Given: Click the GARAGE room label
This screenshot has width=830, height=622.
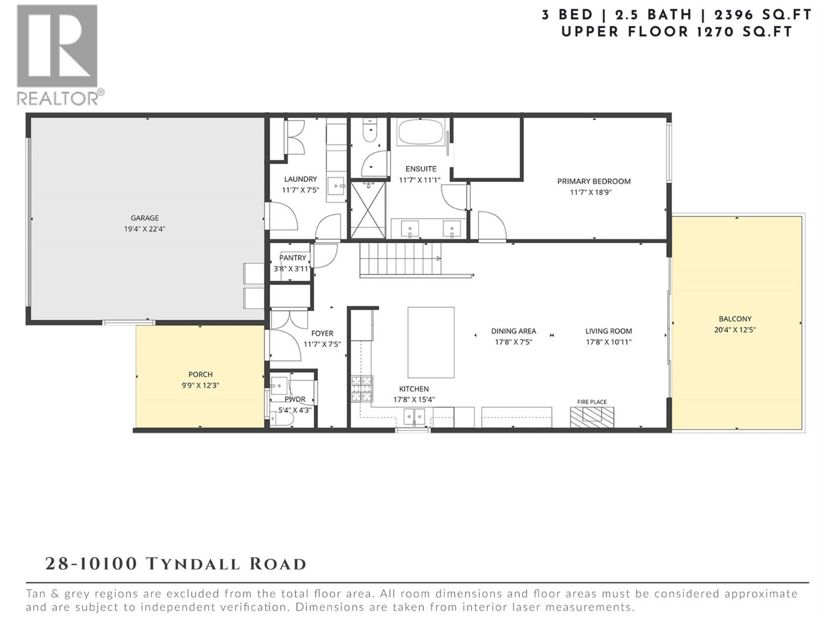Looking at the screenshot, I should tap(144, 218).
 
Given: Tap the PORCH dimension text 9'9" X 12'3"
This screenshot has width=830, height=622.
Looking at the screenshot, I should tap(200, 385).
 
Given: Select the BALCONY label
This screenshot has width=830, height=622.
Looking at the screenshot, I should tap(735, 319).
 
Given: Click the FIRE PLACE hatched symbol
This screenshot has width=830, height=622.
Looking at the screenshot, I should tap(592, 416).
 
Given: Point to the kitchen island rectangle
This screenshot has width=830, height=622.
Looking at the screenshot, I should tap(431, 342).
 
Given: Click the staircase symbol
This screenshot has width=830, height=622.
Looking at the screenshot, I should tap(400, 259).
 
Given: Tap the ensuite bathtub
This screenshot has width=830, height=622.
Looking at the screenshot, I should tap(421, 133).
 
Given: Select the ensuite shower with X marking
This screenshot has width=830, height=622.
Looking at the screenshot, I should tap(368, 210).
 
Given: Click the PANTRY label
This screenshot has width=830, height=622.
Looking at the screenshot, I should tap(293, 258).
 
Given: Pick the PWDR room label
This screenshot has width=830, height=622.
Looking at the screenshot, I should tap(295, 399).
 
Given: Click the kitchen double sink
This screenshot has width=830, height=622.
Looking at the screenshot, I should tap(414, 416).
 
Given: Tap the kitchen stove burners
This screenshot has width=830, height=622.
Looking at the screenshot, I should tap(362, 389).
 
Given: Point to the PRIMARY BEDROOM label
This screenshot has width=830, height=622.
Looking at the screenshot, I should tap(593, 181).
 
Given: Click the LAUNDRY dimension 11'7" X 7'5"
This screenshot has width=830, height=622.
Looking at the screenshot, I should tap(300, 190).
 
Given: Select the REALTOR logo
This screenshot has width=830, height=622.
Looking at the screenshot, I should tap(58, 54).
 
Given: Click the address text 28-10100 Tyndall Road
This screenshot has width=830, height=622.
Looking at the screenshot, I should tap(175, 564).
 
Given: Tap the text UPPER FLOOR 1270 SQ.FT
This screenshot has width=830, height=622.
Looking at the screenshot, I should tap(676, 32).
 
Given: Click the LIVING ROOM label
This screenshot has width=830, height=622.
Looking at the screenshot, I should tap(608, 331).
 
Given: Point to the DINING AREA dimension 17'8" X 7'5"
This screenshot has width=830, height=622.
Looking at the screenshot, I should tap(513, 342).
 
